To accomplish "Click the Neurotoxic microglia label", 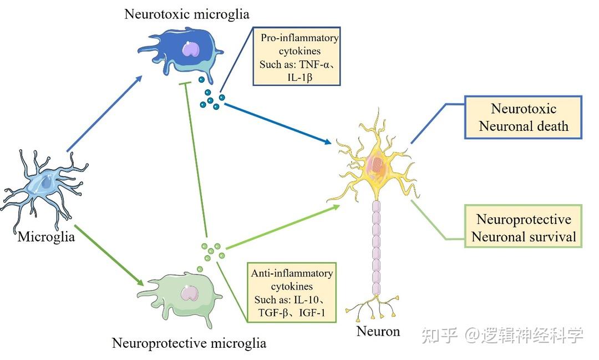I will (x=186, y=13).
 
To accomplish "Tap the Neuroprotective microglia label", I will (x=189, y=343).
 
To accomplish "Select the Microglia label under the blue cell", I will (x=47, y=237).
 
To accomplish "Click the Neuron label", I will (x=378, y=331).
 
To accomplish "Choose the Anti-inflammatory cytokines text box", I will (x=292, y=293).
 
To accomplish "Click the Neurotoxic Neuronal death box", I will (x=524, y=117).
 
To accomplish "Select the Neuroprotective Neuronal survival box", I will (x=524, y=228).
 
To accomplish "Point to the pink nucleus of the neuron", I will (x=375, y=164).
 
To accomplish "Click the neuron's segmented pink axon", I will (x=377, y=250).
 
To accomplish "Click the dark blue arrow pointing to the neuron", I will (x=277, y=122).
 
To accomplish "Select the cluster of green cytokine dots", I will (x=211, y=252).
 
